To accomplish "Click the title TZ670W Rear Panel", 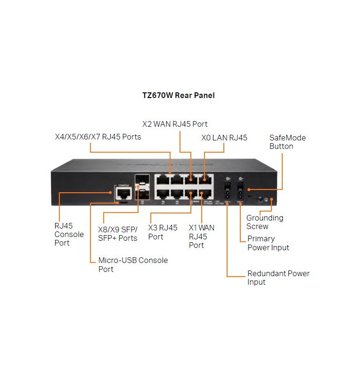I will click(x=179, y=95).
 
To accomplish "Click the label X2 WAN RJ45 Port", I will click(x=175, y=124).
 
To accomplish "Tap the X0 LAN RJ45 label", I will click(x=224, y=138).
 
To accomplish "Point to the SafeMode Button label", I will click(x=287, y=142).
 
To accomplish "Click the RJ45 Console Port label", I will click(x=69, y=234).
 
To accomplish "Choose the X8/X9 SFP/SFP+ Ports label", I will click(x=118, y=233).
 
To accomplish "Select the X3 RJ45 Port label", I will click(x=163, y=232).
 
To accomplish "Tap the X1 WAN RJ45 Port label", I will click(x=202, y=236).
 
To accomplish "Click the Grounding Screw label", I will click(x=265, y=222).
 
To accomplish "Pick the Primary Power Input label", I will click(x=268, y=243).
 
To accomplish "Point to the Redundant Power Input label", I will click(x=278, y=278).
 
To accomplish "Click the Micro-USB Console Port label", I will click(x=133, y=264).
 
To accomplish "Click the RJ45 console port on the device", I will click(x=124, y=193).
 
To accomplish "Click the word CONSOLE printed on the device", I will click(x=124, y=185).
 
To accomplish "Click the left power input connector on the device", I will click(x=228, y=192).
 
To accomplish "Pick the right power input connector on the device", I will click(x=240, y=192).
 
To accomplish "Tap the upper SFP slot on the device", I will click(x=140, y=180).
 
